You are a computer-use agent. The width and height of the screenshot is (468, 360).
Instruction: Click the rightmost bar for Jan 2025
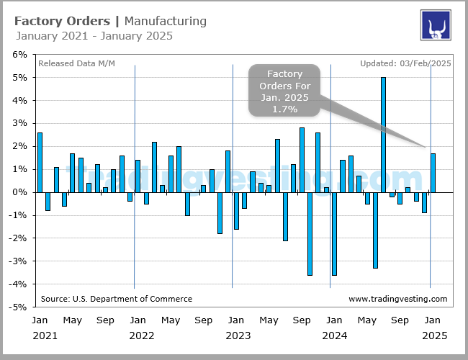[x=433, y=173]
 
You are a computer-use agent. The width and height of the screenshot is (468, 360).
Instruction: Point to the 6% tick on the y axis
[x=19, y=54]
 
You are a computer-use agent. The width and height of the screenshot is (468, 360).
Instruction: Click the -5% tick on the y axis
[x=17, y=307]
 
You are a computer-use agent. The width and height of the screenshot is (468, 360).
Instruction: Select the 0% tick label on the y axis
[x=19, y=192]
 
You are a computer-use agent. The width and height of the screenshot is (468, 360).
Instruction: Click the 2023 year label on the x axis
[x=238, y=336]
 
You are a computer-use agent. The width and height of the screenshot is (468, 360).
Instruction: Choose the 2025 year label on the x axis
[x=432, y=336]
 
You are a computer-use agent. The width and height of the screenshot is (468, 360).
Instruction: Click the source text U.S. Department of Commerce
[x=117, y=299]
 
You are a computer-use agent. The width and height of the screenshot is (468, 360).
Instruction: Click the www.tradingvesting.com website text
[x=397, y=299]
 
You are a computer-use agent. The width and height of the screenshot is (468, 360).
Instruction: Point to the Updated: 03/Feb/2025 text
[x=405, y=63]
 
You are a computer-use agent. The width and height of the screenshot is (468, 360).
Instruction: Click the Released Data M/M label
[x=76, y=63]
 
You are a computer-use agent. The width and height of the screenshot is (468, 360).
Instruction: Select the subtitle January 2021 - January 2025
[x=93, y=36]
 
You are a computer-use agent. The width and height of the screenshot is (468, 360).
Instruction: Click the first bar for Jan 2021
[x=40, y=162]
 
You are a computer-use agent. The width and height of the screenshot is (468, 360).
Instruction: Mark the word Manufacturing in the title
[x=165, y=21]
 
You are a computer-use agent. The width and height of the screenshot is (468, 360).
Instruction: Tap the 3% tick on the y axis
[x=19, y=123]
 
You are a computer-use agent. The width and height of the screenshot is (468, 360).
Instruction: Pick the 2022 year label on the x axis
[x=141, y=336]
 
